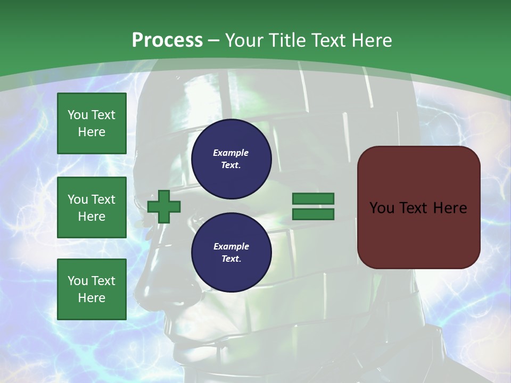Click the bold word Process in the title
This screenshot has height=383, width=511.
167,40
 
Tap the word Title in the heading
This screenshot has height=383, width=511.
286,40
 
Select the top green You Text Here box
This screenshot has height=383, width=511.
92,123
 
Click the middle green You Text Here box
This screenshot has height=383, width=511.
92,207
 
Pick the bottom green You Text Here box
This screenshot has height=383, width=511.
92,289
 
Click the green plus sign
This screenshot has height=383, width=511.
164,207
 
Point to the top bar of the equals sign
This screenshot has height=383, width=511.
313,199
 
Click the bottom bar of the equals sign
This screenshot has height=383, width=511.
313,214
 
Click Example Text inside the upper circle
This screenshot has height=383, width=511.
231,159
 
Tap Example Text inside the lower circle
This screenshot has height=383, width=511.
231,253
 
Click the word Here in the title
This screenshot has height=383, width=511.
372,40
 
